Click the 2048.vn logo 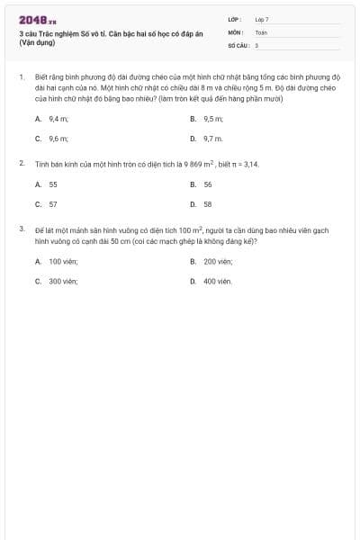pos(37,19)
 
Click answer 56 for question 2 pos(208,184)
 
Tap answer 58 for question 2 pos(208,204)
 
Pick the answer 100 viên pos(63,261)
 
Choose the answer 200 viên pos(218,261)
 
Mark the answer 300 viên pos(63,281)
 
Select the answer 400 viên pos(218,281)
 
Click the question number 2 pos(22,164)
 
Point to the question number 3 pos(22,229)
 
